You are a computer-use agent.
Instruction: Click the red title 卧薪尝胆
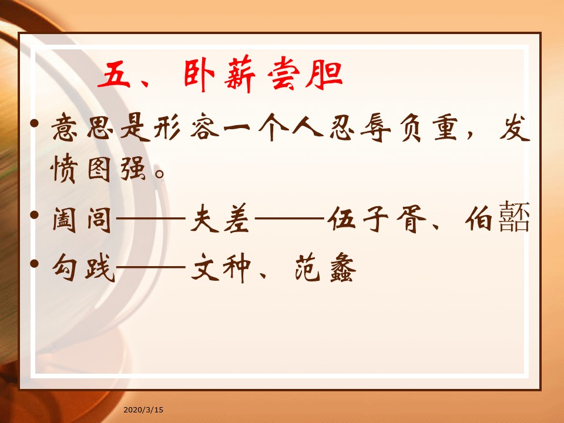click(263, 75)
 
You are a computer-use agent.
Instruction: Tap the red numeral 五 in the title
click(115, 75)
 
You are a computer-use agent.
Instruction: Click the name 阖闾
click(82, 219)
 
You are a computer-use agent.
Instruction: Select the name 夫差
click(220, 219)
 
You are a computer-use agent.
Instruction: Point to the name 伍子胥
click(376, 219)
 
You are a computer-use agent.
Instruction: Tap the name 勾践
click(83, 267)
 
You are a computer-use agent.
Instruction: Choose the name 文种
click(221, 267)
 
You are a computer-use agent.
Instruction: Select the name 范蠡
click(325, 268)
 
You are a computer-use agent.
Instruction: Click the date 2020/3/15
click(143, 409)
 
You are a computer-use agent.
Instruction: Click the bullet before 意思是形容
click(35, 123)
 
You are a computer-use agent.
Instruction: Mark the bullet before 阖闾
click(35, 215)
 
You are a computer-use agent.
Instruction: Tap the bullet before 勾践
click(35, 264)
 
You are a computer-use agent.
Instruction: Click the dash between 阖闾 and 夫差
click(151, 218)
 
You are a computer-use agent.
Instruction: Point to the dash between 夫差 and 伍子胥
click(290, 218)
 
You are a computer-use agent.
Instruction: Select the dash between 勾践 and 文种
click(151, 267)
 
